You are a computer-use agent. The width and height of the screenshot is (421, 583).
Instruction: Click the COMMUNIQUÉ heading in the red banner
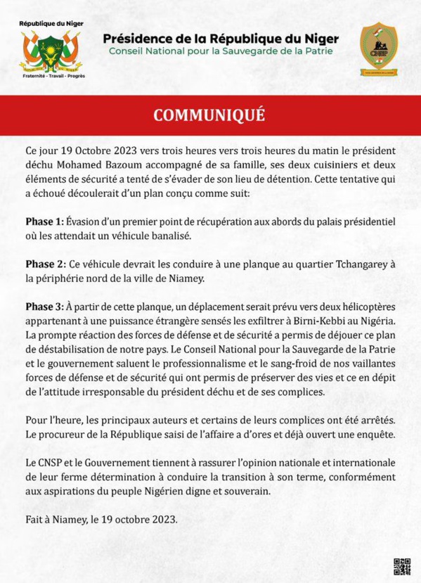click(209, 115)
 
